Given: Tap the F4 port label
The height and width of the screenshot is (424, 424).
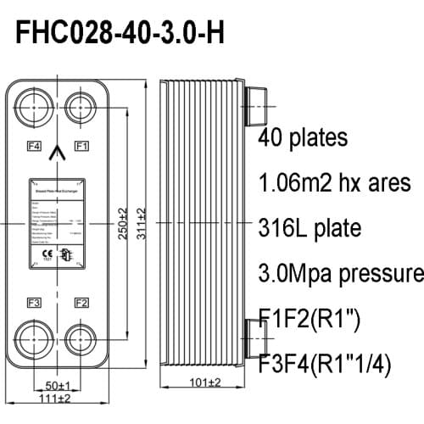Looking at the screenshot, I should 35,146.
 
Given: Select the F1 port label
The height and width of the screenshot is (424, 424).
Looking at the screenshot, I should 82,146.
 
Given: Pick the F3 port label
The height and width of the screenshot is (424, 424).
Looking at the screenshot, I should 35,303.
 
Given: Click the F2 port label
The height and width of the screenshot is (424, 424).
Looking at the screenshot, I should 82,303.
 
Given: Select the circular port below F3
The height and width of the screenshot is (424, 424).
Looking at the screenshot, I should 35,338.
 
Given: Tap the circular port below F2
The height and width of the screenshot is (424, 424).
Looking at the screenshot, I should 82,338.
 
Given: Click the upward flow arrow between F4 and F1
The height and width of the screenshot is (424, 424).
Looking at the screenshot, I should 58,153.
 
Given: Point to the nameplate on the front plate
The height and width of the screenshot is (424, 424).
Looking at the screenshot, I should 58,223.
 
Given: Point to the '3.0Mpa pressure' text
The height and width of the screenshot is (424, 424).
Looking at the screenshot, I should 339,274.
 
